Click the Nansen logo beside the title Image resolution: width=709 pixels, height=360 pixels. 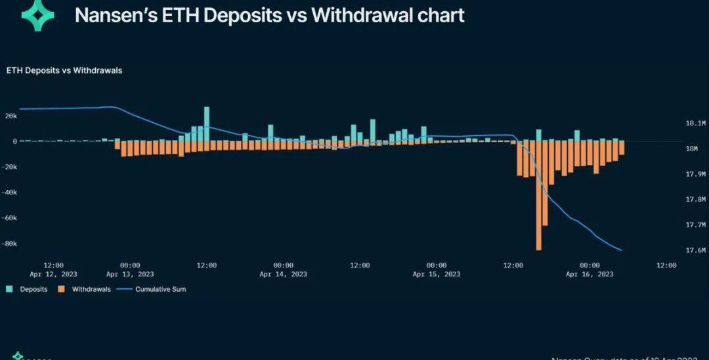point(39,15)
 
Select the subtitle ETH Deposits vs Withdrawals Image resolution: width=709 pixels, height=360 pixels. point(64,70)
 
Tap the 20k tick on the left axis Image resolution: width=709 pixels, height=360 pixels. point(11,116)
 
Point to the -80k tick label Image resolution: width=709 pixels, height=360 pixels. point(9,243)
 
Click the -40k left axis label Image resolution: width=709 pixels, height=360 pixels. point(9,192)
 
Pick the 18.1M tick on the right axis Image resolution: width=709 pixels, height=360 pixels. point(695,123)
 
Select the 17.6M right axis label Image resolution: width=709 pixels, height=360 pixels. point(695,250)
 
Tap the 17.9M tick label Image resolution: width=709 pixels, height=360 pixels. point(695,174)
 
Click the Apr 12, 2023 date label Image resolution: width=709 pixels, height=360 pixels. point(54,274)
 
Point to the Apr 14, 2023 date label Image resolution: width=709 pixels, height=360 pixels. point(283,274)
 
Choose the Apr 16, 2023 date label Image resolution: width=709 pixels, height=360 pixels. point(590,274)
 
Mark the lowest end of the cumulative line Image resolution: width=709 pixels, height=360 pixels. point(621,250)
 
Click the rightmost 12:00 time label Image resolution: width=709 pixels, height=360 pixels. point(666,265)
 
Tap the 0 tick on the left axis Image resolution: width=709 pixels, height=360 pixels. point(14,141)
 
